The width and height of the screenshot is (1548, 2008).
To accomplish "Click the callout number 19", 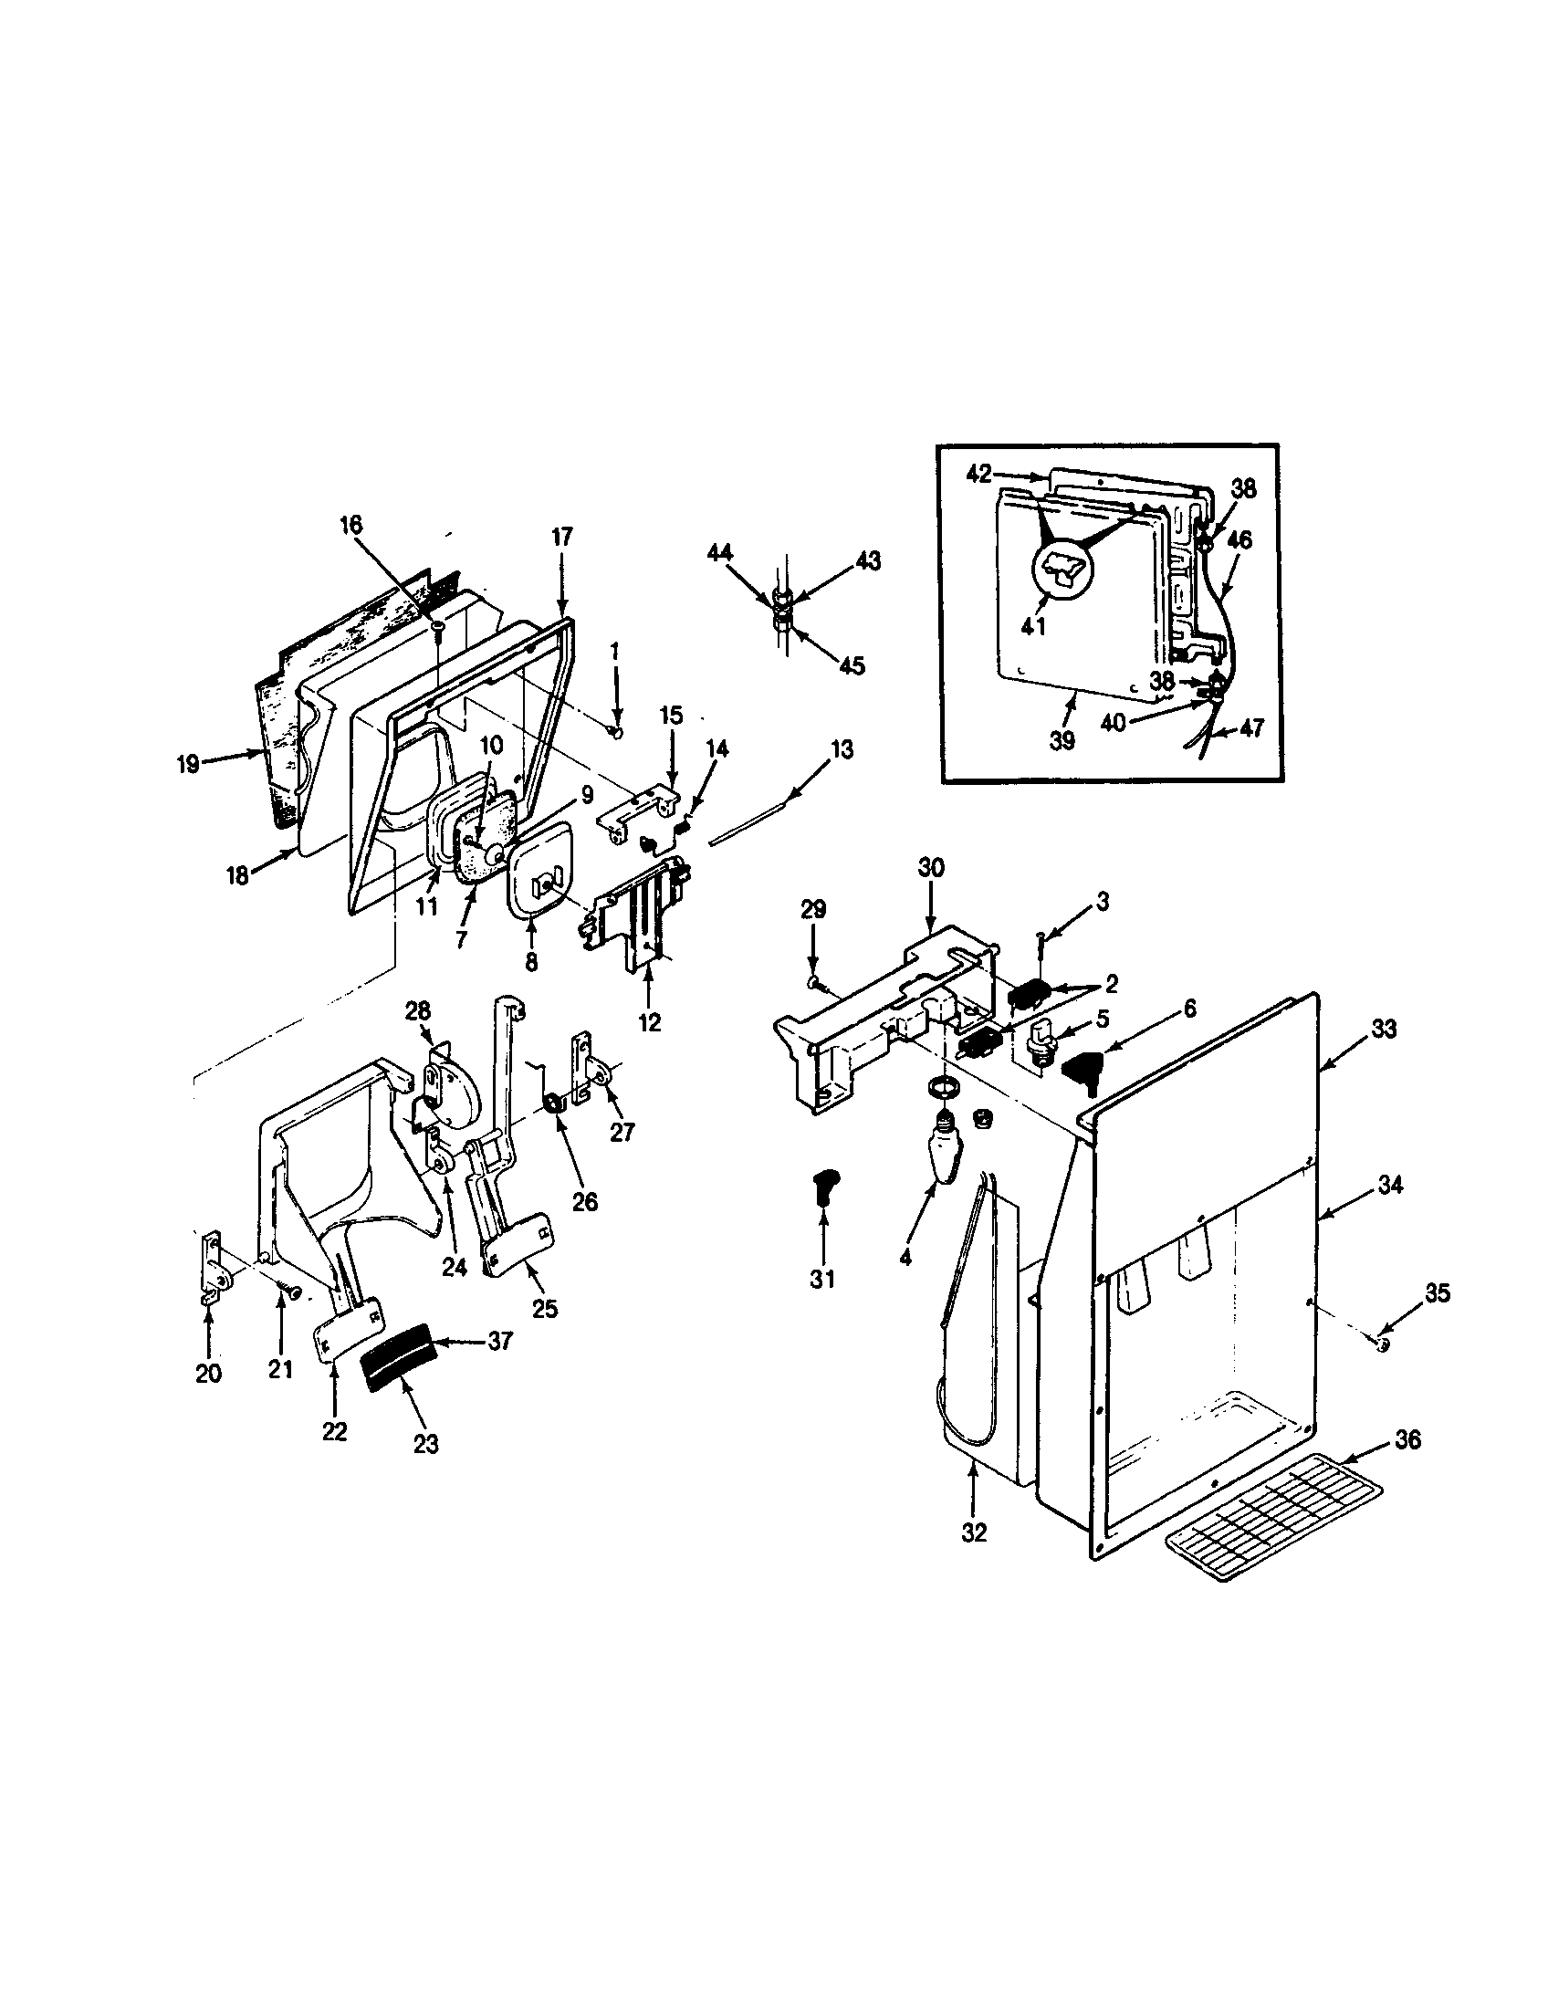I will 187,764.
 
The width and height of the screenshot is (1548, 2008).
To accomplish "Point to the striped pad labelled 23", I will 399,1372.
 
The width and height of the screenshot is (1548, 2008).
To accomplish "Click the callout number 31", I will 821,1278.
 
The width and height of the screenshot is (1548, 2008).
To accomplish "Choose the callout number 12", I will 649,1022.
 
